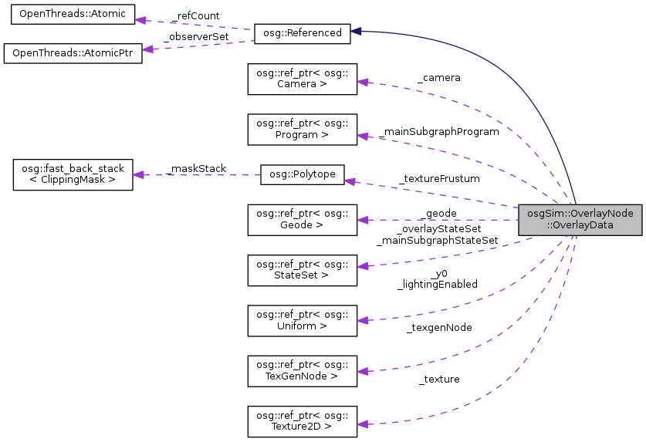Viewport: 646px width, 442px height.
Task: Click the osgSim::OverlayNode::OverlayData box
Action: click(x=580, y=220)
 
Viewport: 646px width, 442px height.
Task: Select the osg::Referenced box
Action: click(x=303, y=33)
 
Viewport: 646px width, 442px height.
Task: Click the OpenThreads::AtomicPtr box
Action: click(x=73, y=54)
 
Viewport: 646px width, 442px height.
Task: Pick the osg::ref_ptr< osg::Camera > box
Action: click(x=302, y=79)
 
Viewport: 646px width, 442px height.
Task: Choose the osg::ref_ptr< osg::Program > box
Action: click(x=302, y=129)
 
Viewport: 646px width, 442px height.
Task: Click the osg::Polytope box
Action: click(x=302, y=174)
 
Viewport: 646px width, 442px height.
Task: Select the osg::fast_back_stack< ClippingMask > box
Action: click(x=73, y=174)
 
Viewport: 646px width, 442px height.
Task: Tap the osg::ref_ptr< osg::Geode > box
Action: click(x=302, y=220)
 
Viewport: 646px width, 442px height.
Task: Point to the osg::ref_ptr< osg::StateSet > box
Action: click(x=302, y=270)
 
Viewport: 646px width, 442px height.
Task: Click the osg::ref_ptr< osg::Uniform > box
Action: click(x=302, y=320)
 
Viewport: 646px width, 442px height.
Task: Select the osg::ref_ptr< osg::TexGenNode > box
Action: click(x=302, y=370)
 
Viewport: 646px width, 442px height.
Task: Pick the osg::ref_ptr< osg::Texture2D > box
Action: click(x=302, y=420)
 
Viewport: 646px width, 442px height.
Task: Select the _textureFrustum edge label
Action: click(x=439, y=178)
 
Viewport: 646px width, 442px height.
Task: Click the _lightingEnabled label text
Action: click(x=438, y=284)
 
